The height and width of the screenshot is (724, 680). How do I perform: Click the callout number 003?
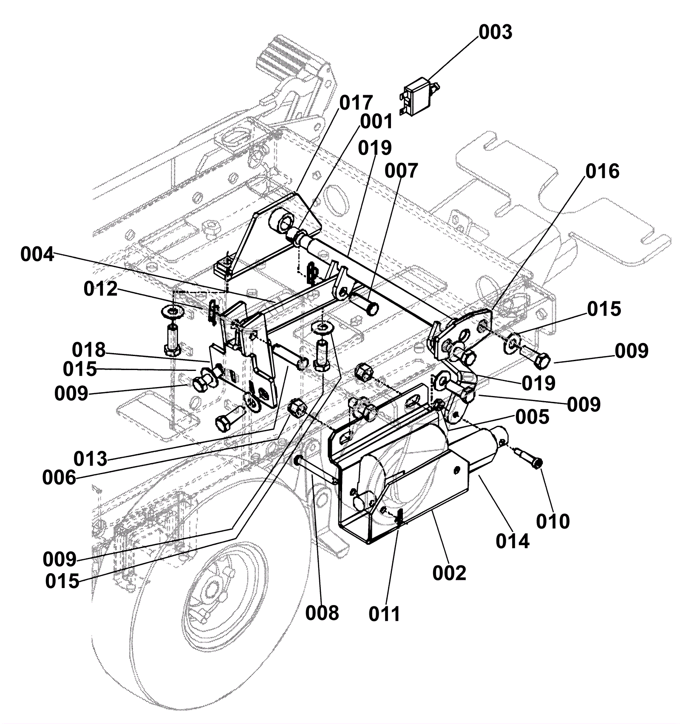(x=496, y=32)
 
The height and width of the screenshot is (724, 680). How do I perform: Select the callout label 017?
(x=356, y=103)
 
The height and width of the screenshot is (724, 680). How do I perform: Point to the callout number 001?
(x=377, y=122)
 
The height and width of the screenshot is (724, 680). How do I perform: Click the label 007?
(x=402, y=171)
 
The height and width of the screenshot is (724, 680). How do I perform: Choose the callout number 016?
(x=603, y=172)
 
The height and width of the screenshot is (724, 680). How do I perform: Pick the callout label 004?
(x=37, y=255)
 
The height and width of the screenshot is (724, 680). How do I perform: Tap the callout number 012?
(x=100, y=289)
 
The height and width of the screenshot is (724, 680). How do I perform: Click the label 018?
(x=88, y=350)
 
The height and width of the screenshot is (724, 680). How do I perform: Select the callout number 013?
(x=91, y=459)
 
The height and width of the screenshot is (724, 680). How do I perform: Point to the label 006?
(x=59, y=478)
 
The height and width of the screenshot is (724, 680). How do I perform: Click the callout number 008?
(x=322, y=613)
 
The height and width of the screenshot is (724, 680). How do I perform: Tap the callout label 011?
(x=385, y=614)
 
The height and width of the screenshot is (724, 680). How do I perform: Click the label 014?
(x=513, y=541)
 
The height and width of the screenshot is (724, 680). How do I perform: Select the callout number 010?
(x=553, y=521)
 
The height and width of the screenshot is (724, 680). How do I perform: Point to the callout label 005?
(x=533, y=417)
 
